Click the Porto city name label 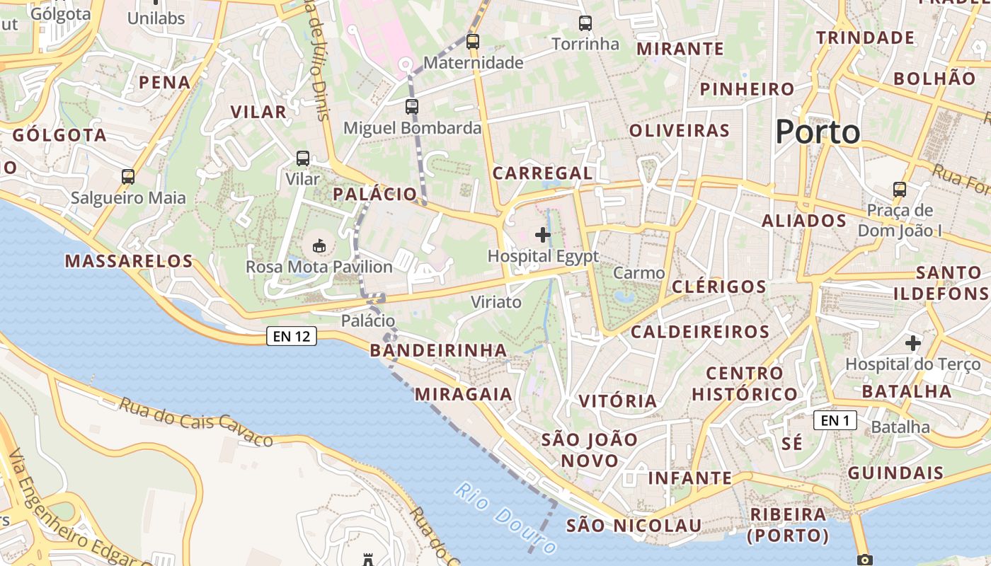coord(818,132)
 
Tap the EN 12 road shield coord(292,337)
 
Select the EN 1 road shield coord(835,421)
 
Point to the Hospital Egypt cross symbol coord(543,235)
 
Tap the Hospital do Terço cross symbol coord(913,344)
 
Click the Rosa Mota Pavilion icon coord(319,246)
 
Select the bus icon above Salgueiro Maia coord(128,177)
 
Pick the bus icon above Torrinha coord(585,23)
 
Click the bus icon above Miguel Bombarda coord(412,107)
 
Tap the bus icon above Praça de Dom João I coord(900,190)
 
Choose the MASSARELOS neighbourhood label coord(129,261)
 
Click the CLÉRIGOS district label coord(718,287)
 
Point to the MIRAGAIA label coord(464,394)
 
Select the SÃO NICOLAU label coord(634,526)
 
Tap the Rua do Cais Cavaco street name coord(195,422)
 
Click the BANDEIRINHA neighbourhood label coord(438,350)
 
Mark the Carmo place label coord(639,273)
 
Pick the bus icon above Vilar coord(303,158)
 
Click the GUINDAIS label coord(895,473)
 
